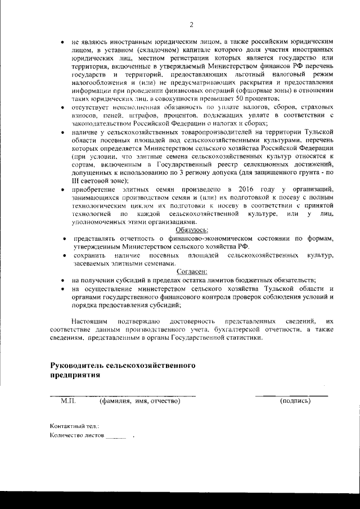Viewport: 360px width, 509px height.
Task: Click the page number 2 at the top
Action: pyautogui.click(x=191, y=25)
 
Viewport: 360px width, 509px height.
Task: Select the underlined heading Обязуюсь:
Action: pyautogui.click(x=192, y=230)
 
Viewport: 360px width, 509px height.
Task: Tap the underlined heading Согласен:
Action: pyautogui.click(x=192, y=271)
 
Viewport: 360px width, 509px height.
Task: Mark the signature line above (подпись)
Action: pyautogui.click(x=291, y=396)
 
